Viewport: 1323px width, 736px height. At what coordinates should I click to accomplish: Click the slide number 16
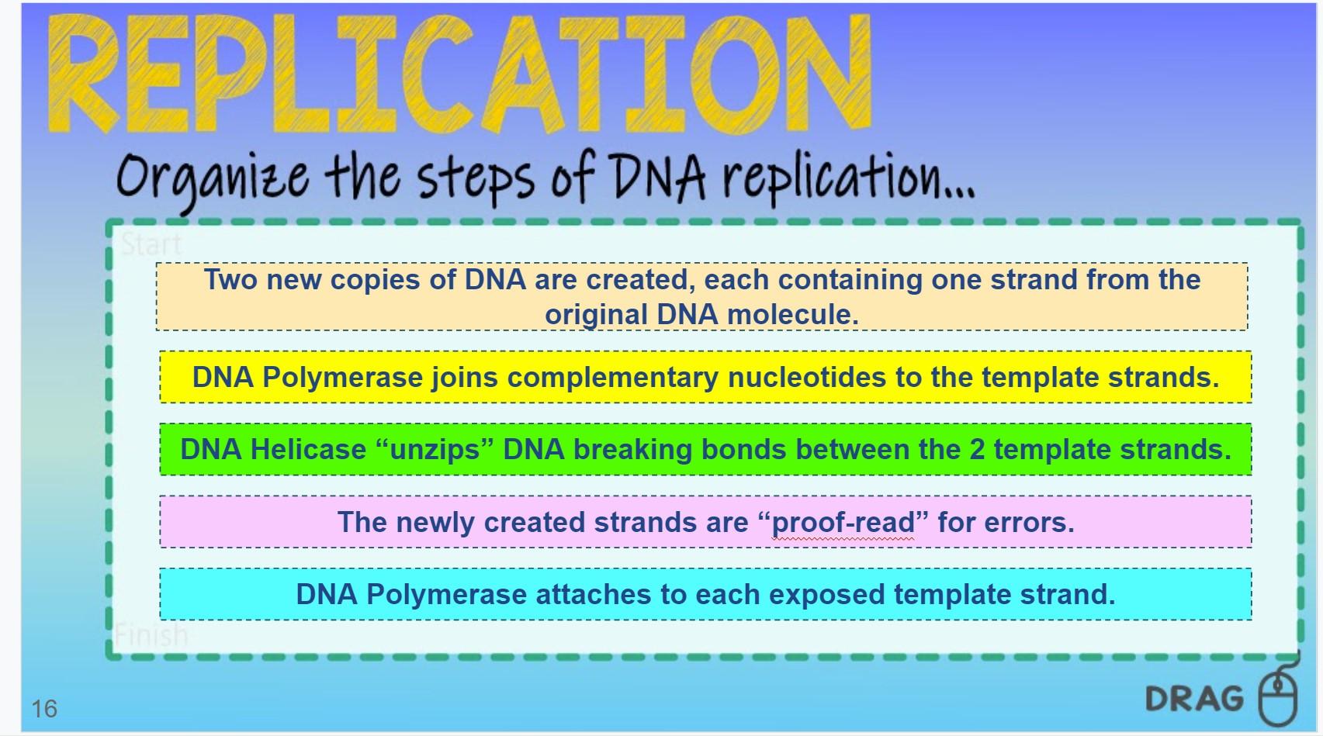[x=45, y=708]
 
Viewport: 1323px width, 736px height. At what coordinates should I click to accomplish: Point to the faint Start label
[x=151, y=244]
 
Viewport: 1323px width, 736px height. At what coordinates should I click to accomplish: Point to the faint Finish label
[x=151, y=635]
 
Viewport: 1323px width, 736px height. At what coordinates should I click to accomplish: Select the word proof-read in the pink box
[x=843, y=522]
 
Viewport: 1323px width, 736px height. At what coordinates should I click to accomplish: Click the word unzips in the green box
[x=435, y=450]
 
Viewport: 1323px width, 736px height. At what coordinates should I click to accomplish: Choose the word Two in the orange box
[x=230, y=279]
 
